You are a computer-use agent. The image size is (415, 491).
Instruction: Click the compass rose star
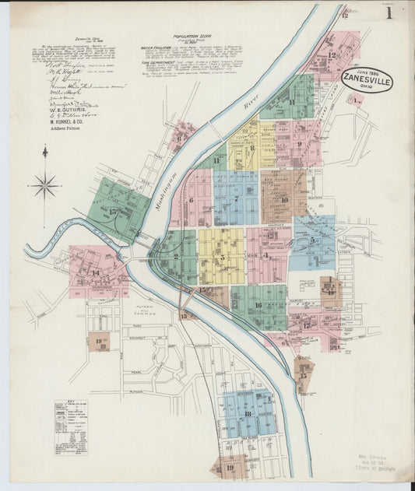pyautogui.click(x=45, y=185)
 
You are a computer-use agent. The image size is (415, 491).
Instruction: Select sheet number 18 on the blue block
pyautogui.click(x=248, y=413)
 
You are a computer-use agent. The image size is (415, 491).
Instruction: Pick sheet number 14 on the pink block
pyautogui.click(x=95, y=272)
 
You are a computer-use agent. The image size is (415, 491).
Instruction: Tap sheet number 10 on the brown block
pyautogui.click(x=284, y=200)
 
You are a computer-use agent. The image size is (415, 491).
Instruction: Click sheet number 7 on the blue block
pyautogui.click(x=236, y=198)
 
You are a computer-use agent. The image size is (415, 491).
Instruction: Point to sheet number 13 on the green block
pyautogui.click(x=114, y=211)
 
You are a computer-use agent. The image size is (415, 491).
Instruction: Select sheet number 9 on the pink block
pyautogui.click(x=298, y=143)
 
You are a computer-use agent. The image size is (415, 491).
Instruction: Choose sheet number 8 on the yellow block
pyautogui.click(x=251, y=148)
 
